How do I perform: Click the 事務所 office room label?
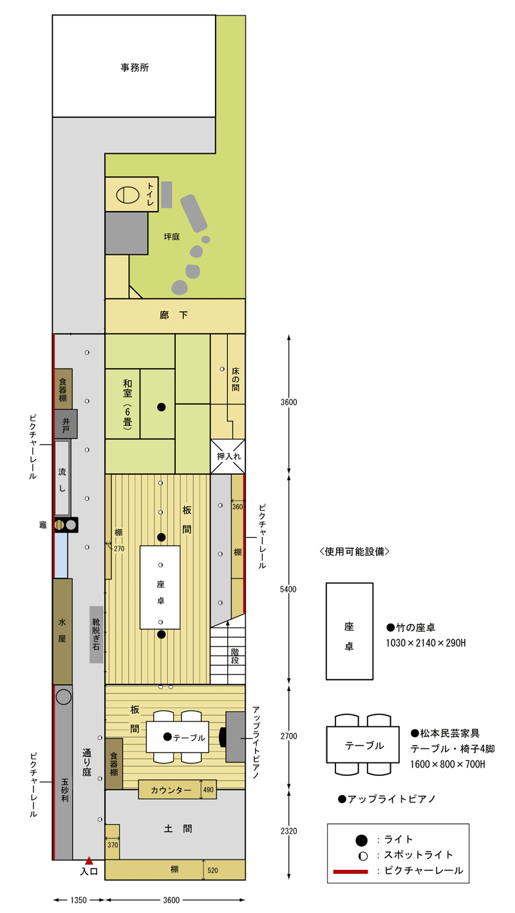click(135, 68)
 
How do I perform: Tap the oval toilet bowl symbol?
click(127, 194)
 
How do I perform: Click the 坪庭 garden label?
click(172, 237)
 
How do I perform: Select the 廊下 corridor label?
click(174, 315)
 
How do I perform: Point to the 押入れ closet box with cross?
click(227, 457)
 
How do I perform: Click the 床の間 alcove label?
click(236, 379)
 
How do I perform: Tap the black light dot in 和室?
click(162, 407)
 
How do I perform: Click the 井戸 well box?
click(66, 424)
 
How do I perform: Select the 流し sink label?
click(62, 480)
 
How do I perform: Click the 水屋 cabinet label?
click(62, 630)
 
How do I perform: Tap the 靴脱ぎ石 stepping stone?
click(96, 634)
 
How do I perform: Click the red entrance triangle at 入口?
click(89, 861)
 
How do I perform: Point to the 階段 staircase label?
click(235, 656)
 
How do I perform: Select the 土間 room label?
click(178, 829)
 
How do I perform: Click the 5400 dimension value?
click(288, 589)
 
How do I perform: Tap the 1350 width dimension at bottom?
click(79, 900)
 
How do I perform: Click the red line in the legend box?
click(350, 872)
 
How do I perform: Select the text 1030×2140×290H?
click(426, 643)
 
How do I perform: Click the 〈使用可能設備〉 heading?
click(354, 551)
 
